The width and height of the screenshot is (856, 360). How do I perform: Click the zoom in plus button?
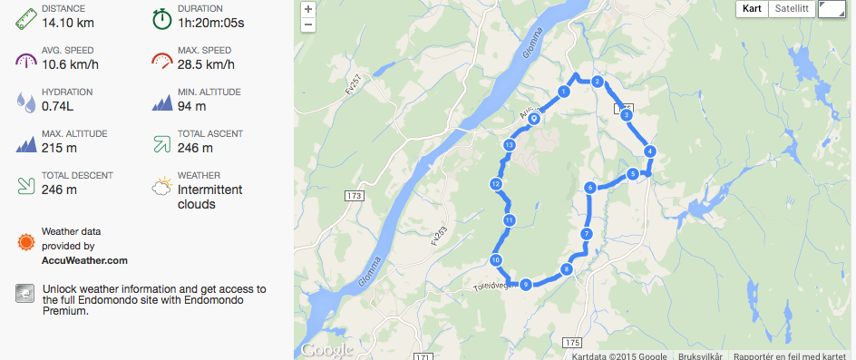pos(308,10)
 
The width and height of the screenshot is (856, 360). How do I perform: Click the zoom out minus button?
pos(308,24)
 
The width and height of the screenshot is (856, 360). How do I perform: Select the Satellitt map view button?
pos(791,9)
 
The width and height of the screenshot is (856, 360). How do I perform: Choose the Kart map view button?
pos(753,9)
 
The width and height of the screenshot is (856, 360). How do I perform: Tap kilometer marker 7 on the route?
pos(587,234)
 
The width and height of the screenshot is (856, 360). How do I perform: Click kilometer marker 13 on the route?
pos(510,145)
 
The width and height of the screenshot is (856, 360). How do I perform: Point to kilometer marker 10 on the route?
pos(496,260)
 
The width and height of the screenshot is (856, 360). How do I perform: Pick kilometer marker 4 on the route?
pos(649,151)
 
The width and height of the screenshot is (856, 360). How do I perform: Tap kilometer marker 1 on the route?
pos(564,92)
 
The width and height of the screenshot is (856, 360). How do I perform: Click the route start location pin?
pos(534,117)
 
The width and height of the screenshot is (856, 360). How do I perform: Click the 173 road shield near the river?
pos(355,196)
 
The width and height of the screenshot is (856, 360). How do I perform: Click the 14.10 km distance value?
pos(65,23)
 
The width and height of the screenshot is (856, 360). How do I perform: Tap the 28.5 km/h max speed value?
pos(209,64)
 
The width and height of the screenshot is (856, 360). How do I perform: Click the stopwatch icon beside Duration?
pos(161,17)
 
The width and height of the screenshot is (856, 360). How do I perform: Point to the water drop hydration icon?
pos(25,101)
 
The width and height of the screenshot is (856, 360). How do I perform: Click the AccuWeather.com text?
pos(84,260)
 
